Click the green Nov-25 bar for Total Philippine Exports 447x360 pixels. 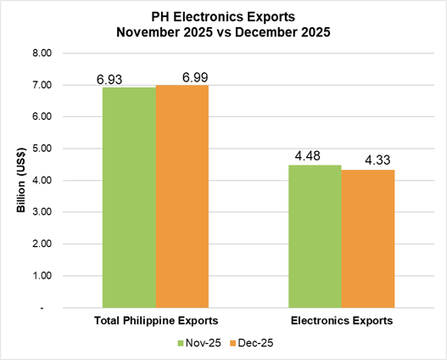click(129, 197)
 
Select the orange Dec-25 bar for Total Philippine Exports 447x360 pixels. click(182, 196)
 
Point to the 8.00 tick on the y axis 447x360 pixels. click(42, 53)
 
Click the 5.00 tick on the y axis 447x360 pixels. click(42, 149)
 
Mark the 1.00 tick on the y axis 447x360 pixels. click(42, 277)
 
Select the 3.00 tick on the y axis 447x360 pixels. click(42, 213)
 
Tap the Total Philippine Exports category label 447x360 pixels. click(155, 322)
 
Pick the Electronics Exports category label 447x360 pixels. click(342, 322)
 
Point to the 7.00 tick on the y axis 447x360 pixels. click(42, 86)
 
